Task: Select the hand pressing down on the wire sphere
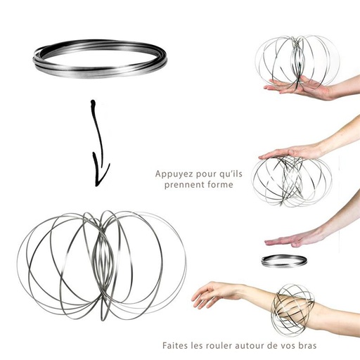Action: (x=288, y=151)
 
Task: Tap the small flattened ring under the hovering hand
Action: (x=283, y=261)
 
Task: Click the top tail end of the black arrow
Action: (x=92, y=103)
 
